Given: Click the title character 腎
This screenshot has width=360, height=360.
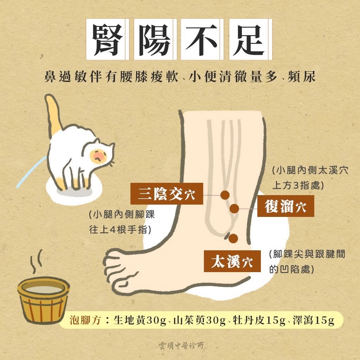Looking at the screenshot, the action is (x=107, y=39).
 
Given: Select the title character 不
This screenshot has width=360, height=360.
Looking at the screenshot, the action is (x=201, y=39).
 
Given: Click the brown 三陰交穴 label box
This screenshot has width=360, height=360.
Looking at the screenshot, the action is (x=167, y=194).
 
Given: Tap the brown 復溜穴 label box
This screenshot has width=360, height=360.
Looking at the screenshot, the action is (x=285, y=206).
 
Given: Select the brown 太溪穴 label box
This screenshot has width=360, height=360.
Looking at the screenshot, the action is (x=232, y=261).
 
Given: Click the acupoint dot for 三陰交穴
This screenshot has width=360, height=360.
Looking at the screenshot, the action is (x=225, y=195).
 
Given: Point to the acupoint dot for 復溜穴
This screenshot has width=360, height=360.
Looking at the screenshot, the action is (x=234, y=208).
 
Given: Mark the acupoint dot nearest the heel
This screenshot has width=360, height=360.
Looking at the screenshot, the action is (x=233, y=239).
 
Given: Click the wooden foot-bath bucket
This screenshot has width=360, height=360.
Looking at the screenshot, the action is (x=44, y=300).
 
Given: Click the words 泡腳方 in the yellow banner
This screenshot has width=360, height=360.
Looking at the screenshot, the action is (x=85, y=320).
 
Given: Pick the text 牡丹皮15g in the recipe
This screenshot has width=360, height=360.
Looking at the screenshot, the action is (x=259, y=320).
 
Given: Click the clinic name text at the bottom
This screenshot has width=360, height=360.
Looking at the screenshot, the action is (x=181, y=345).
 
